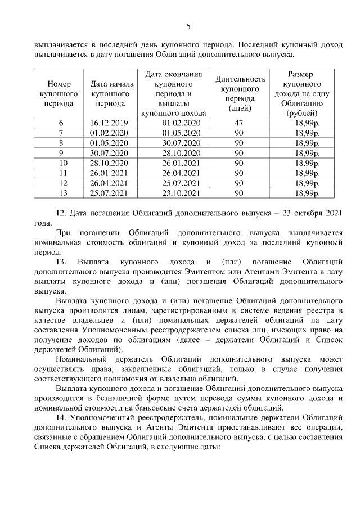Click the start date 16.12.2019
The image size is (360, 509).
(x=110, y=123)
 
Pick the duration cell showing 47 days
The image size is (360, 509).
(x=237, y=123)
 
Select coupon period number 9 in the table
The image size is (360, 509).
(x=60, y=153)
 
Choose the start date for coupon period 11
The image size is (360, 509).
(x=110, y=173)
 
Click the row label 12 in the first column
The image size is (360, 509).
(x=60, y=183)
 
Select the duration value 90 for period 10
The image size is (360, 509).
(x=238, y=163)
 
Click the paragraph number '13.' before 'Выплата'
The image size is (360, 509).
(x=62, y=262)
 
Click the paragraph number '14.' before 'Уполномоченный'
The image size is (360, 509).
(x=62, y=417)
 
